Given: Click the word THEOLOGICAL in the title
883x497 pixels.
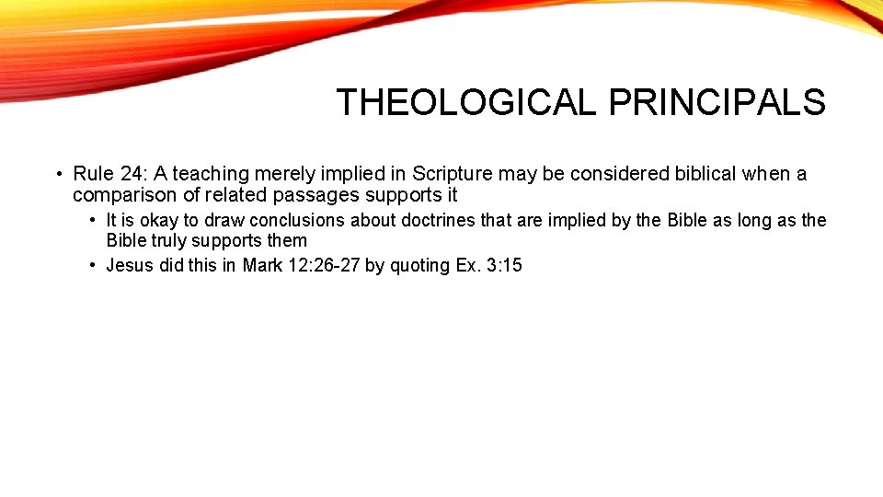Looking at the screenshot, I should (466, 102).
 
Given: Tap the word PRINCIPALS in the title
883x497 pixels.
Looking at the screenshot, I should (717, 102).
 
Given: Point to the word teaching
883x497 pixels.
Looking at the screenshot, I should (212, 174).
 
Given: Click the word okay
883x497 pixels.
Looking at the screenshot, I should (158, 220).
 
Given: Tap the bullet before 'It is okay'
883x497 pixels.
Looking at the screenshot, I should (93, 221).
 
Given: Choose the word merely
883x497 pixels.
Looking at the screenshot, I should (287, 174).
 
